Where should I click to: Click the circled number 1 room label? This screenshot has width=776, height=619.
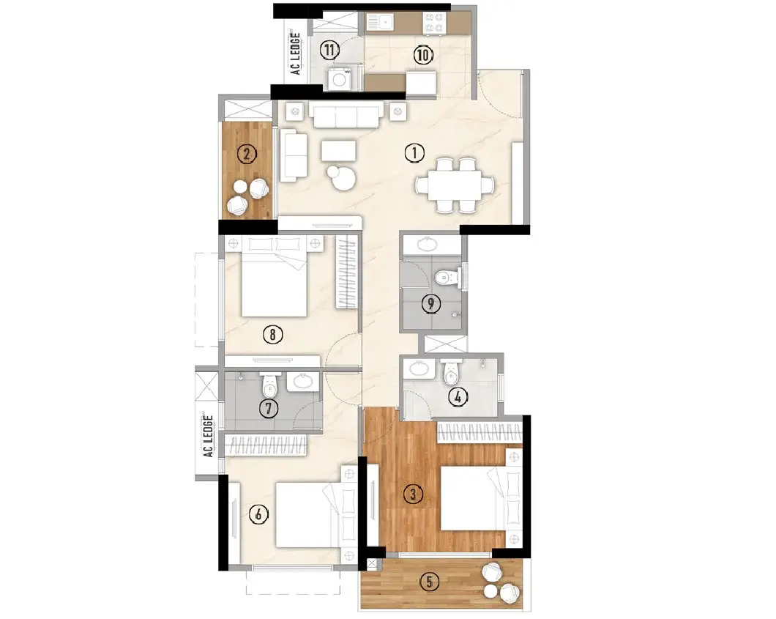tap(414, 153)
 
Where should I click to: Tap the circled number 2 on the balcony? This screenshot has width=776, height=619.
tap(247, 154)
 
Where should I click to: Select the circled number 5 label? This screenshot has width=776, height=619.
tap(429, 582)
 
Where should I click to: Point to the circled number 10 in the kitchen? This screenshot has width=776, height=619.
tap(422, 54)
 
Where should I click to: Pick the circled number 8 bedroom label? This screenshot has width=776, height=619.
tap(272, 335)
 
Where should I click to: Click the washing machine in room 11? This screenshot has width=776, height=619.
tap(340, 80)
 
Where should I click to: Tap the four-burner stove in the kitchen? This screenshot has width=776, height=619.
tap(435, 23)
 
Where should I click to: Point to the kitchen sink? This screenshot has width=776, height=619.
tap(380, 22)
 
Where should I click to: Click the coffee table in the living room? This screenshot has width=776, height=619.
tap(338, 151)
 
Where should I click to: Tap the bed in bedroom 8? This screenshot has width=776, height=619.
tap(274, 277)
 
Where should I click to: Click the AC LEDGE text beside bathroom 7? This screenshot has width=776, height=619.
tap(208, 436)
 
